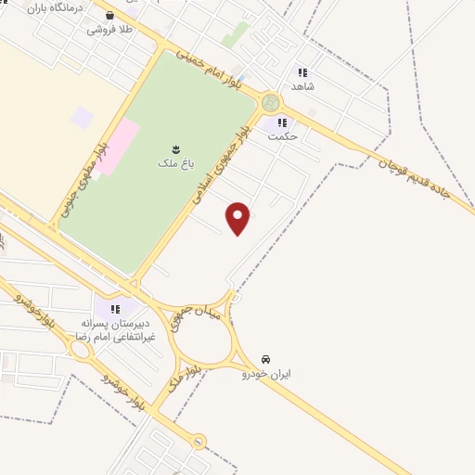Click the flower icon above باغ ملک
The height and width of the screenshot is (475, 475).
click(x=174, y=148)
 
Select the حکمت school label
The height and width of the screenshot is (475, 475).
click(x=282, y=136)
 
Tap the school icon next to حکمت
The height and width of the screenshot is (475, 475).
click(x=282, y=122)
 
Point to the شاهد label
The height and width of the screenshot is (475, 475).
click(x=302, y=86)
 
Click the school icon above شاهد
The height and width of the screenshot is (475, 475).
click(x=302, y=71)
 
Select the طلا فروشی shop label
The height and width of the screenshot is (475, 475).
click(x=110, y=30)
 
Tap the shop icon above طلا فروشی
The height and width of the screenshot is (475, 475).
click(x=110, y=15)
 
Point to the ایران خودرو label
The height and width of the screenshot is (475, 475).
click(x=266, y=374)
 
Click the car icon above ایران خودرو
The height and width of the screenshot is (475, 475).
click(x=266, y=358)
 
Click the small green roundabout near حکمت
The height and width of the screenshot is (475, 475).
click(x=270, y=102)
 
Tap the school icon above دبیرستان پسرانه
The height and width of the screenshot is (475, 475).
click(x=115, y=308)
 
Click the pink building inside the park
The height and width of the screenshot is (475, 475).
click(x=119, y=148)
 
